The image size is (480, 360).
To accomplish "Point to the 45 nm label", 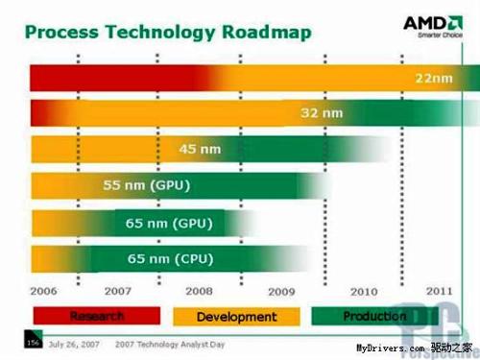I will point(201,149).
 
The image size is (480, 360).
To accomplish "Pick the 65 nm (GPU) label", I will point(168,223).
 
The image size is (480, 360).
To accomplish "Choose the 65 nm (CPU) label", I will point(168,258).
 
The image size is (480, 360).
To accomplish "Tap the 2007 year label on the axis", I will point(118,289).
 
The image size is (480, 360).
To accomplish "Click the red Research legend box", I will point(97,316).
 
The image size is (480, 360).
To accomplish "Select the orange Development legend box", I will point(236,316).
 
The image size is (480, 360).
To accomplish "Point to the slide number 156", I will point(34,342).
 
